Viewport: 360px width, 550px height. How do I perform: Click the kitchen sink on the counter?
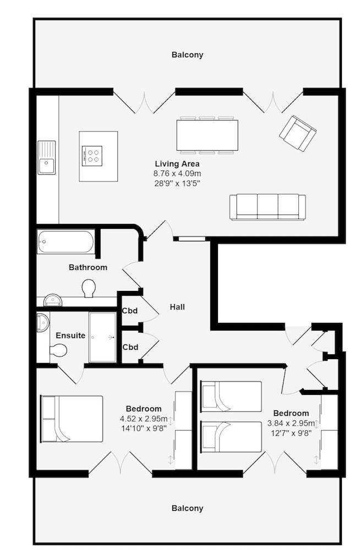47,158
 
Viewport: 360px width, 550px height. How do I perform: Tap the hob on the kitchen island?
92,155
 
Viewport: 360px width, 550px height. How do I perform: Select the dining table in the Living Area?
207,135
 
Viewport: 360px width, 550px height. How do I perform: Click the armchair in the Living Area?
297,133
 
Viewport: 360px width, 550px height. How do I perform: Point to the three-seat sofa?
268,207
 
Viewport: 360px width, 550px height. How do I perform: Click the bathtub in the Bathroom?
66,241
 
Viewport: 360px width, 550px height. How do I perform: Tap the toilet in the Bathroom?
88,288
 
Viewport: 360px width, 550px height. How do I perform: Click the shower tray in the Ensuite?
103,337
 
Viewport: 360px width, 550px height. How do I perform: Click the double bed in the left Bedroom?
72,419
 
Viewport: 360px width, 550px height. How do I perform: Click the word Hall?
177,307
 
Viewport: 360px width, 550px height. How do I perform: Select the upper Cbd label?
130,310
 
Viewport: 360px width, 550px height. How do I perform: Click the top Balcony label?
187,55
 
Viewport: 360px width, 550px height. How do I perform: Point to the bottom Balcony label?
187,508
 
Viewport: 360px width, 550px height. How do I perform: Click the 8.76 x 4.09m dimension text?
177,173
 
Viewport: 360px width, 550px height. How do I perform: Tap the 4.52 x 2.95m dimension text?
143,419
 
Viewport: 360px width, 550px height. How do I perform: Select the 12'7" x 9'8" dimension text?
291,433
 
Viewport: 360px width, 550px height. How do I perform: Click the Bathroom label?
88,267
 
